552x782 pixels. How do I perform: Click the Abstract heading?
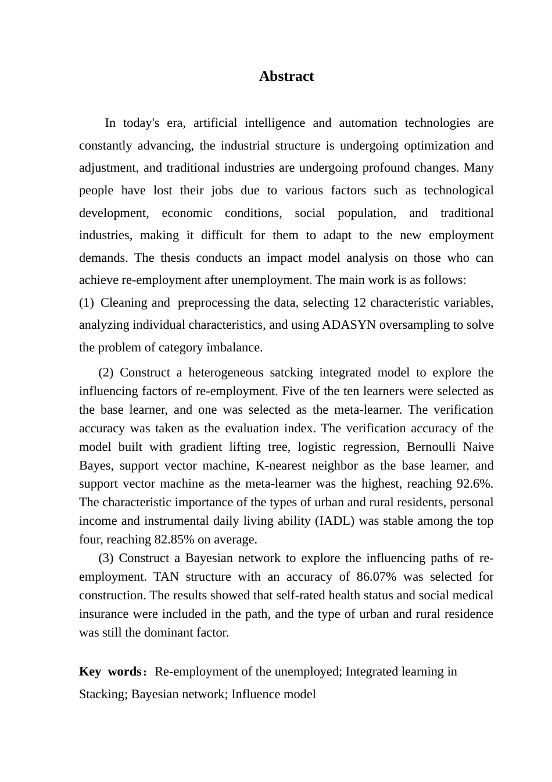(286, 77)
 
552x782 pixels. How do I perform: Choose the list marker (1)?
(87, 303)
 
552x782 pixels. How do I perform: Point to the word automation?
(367, 123)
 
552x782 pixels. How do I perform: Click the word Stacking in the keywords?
(103, 695)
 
